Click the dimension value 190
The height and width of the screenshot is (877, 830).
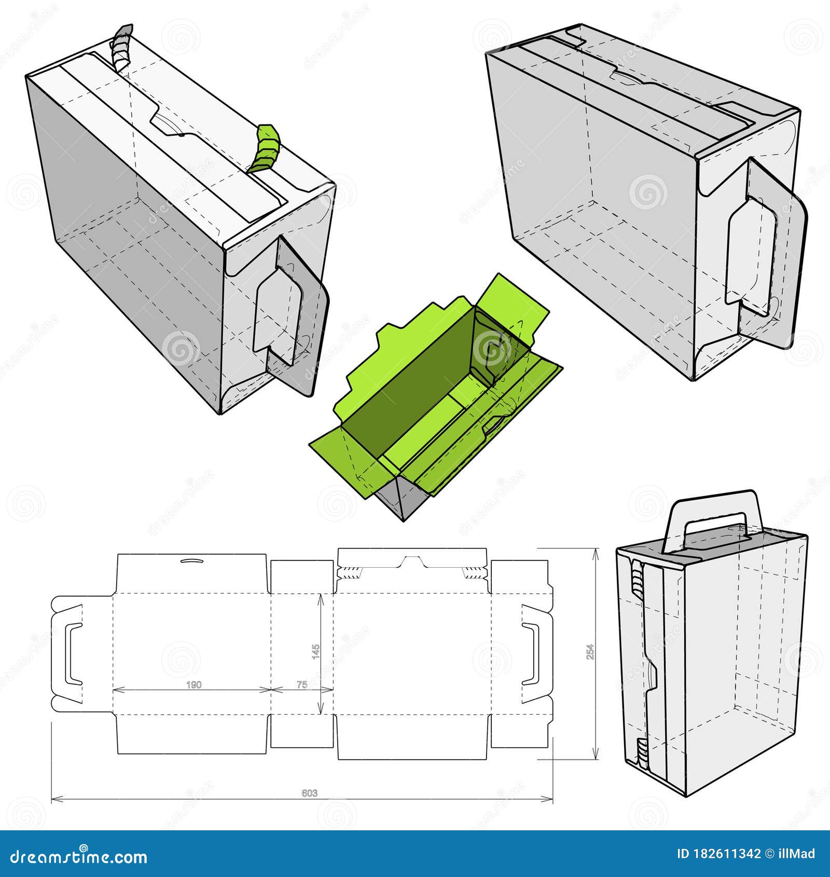tap(193, 685)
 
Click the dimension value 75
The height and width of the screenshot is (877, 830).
tap(302, 685)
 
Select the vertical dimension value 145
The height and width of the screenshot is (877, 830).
tap(316, 652)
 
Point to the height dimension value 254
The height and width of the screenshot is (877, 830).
tap(590, 652)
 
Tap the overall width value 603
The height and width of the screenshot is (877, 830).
tap(309, 793)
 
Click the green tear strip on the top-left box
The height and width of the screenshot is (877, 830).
tap(266, 148)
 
